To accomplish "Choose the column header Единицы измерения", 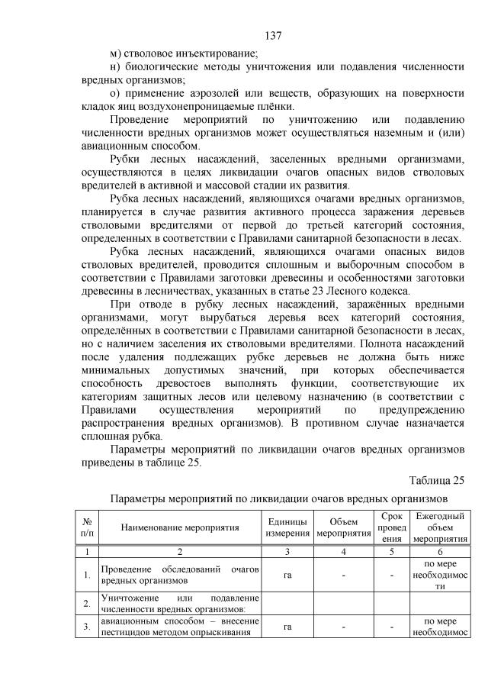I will point(287,526).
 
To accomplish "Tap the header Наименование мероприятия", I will point(179,527).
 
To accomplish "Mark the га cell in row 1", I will point(287,574).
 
